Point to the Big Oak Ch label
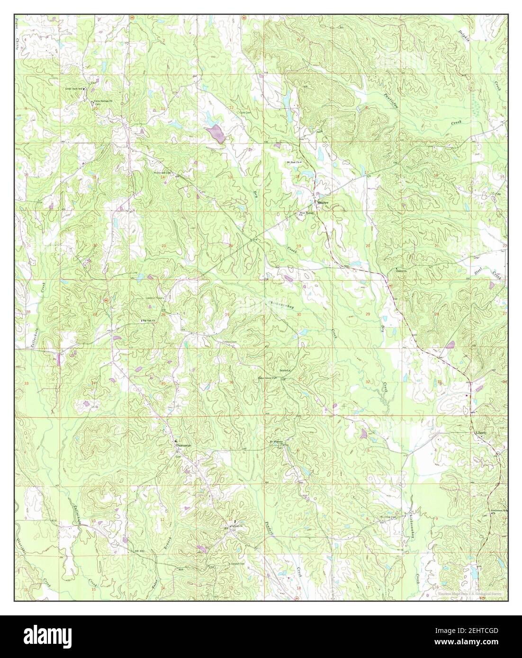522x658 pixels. pyautogui.click(x=150, y=321)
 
